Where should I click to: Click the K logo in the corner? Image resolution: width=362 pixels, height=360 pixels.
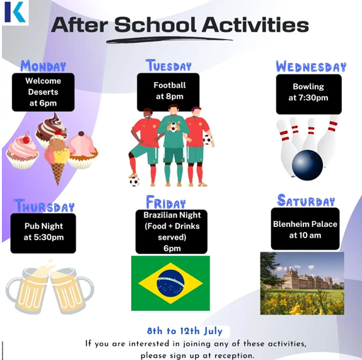tap(15, 12)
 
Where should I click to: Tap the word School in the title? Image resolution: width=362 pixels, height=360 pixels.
tap(155, 25)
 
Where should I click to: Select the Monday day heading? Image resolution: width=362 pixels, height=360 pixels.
tap(43, 66)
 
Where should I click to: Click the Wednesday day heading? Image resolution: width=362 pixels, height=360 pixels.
tap(311, 67)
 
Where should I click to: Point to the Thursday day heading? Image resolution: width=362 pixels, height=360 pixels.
tap(44, 206)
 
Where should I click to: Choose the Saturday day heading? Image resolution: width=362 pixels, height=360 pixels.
tap(306, 200)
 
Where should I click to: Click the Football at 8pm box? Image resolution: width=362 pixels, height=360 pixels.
tap(168, 92)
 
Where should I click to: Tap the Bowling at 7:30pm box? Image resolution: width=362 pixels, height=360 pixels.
tap(308, 94)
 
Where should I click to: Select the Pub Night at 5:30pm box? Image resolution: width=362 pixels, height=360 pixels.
tap(43, 233)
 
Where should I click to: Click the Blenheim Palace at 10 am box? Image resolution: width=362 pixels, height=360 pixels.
tap(305, 229)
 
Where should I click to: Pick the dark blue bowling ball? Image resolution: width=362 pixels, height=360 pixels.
tap(307, 165)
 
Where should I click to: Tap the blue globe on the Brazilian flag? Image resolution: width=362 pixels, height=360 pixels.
tap(170, 283)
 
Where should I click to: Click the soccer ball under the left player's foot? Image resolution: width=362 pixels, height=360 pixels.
tap(134, 182)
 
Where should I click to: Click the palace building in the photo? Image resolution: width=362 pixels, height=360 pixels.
tap(307, 279)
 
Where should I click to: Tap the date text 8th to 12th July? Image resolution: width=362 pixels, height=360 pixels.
tap(185, 331)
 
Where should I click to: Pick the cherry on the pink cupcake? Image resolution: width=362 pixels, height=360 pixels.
tap(26, 139)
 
